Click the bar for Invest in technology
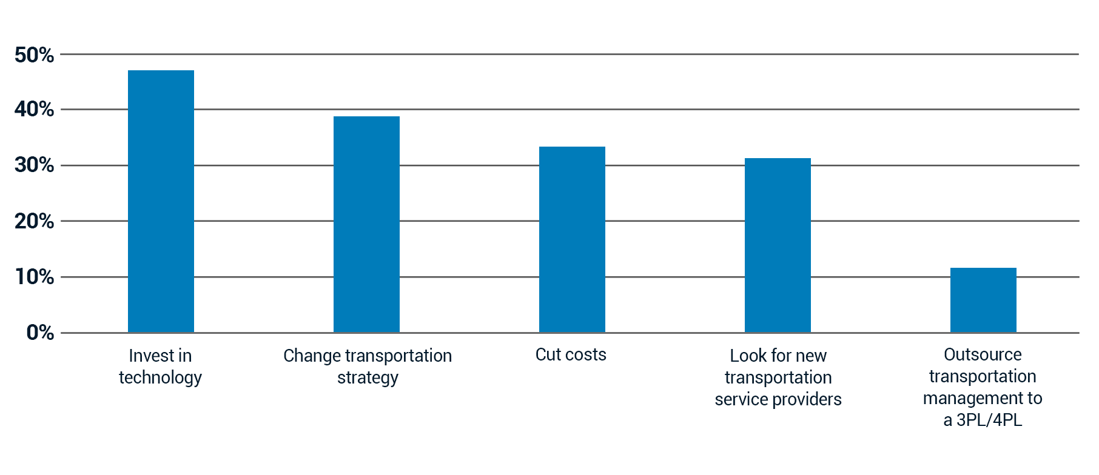coord(161,201)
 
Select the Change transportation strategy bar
coord(366,224)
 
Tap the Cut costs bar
coord(572,239)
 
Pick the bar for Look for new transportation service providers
coord(778,245)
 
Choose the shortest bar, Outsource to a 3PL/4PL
coord(983,300)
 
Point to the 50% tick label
coord(35,55)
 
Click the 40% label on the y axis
coord(35,110)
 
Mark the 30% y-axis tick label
coord(35,165)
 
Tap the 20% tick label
coord(35,221)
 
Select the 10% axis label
coord(35,277)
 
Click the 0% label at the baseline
coord(40,333)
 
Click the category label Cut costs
coord(571,354)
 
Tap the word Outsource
coord(983,354)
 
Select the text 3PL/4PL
coord(989,420)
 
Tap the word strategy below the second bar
coord(368,378)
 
